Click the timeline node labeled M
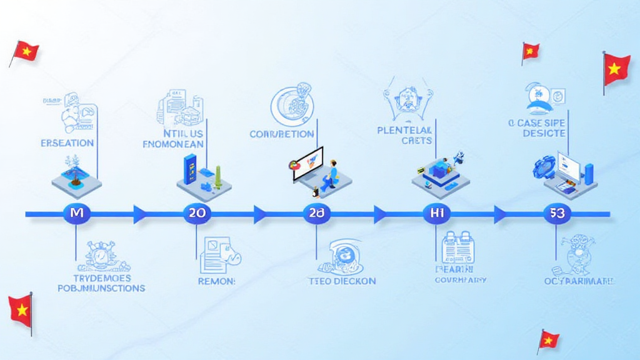pyautogui.click(x=77, y=213)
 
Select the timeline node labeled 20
pyautogui.click(x=197, y=213)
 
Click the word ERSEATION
pyautogui.click(x=67, y=142)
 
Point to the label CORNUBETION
pyautogui.click(x=281, y=134)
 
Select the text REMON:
pyautogui.click(x=216, y=281)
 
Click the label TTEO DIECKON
pyautogui.click(x=342, y=281)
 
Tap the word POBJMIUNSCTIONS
pyautogui.click(x=101, y=288)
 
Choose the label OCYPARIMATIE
pyautogui.click(x=579, y=281)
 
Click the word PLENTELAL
pyautogui.click(x=405, y=131)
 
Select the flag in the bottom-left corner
pyautogui.click(x=20, y=309)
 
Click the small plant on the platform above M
pyautogui.click(x=76, y=175)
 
